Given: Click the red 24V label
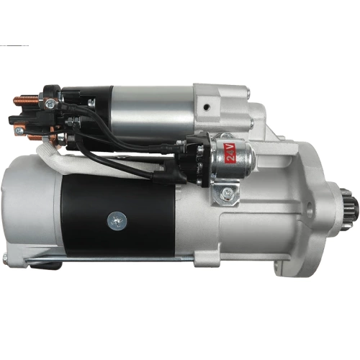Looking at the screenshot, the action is [230, 153].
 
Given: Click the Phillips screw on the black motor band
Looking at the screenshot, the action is [117, 221].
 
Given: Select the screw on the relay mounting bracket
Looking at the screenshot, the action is [227, 192].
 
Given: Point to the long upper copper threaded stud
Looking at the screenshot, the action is [26, 101].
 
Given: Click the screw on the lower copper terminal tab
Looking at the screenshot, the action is [19, 131].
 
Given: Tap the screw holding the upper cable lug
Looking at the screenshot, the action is [51, 104].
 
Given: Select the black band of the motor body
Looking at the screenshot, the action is [117, 216].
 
